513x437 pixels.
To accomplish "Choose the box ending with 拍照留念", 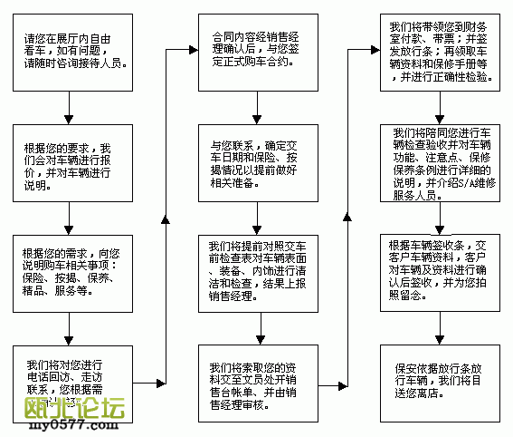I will coord(439,275).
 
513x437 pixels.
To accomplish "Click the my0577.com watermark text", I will coord(36,429).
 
